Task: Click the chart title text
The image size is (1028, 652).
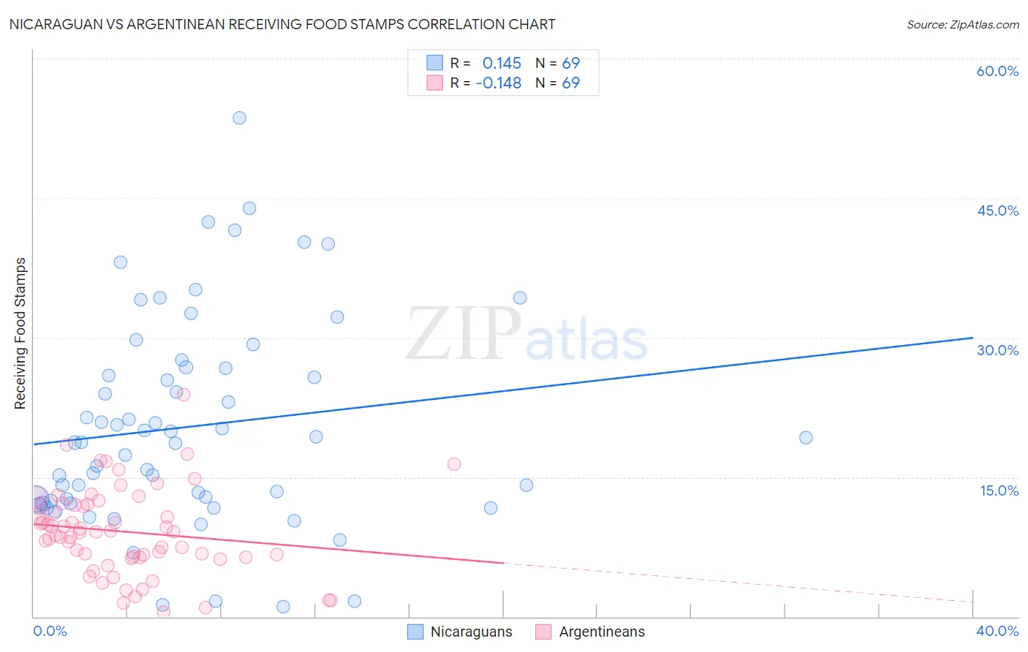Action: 282,24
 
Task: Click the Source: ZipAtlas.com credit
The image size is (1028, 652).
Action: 962,24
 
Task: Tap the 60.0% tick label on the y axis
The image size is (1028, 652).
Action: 997,71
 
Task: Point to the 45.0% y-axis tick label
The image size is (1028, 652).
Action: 997,211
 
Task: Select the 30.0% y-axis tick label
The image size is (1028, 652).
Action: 997,350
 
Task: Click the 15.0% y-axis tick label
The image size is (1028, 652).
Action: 999,490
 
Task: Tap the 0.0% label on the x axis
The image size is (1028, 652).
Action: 50,631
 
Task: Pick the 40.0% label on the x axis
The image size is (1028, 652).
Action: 997,631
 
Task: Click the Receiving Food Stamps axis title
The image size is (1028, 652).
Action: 20,333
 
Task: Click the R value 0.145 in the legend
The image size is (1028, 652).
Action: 502,63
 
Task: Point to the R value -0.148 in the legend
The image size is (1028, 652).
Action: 499,83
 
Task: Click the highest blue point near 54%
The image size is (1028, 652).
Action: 239,118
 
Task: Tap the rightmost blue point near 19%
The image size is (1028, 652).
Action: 806,438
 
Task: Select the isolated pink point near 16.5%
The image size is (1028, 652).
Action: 454,464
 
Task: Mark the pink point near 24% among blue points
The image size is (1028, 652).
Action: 184,395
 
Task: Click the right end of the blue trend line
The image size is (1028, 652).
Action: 972,338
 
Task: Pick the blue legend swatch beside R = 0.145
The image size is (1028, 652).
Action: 435,63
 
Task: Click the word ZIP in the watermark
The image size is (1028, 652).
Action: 464,334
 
